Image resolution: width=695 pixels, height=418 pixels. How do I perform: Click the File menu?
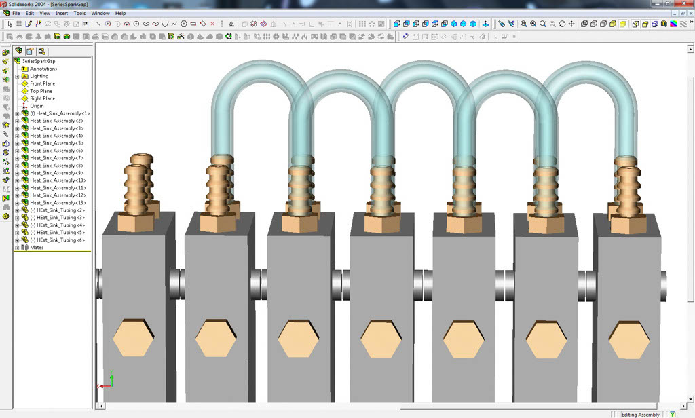[x=16, y=13]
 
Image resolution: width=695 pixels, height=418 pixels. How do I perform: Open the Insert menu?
[x=62, y=13]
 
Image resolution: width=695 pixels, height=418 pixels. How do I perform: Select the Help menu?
[x=121, y=13]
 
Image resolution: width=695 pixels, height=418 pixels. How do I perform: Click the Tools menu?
[x=79, y=13]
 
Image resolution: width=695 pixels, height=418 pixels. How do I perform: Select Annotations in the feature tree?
[x=43, y=69]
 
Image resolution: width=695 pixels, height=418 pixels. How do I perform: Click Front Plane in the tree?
[x=42, y=83]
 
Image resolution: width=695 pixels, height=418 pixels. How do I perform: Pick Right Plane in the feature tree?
[x=42, y=98]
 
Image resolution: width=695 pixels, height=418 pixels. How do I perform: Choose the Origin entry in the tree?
[x=37, y=106]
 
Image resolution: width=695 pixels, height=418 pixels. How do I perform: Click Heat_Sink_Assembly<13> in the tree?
[x=58, y=203]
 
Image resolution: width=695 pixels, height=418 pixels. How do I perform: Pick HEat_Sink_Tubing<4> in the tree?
[x=58, y=225]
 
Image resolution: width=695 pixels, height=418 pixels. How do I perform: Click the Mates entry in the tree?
[x=37, y=248]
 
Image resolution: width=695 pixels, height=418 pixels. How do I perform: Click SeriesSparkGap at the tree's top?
[x=38, y=61]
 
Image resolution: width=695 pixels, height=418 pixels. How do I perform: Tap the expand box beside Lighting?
[x=17, y=76]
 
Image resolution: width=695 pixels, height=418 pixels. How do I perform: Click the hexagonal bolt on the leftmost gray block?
[x=133, y=337]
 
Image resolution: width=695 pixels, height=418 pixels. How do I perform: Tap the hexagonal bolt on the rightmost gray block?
[x=630, y=339]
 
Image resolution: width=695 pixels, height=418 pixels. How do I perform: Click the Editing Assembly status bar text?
[x=640, y=414]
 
